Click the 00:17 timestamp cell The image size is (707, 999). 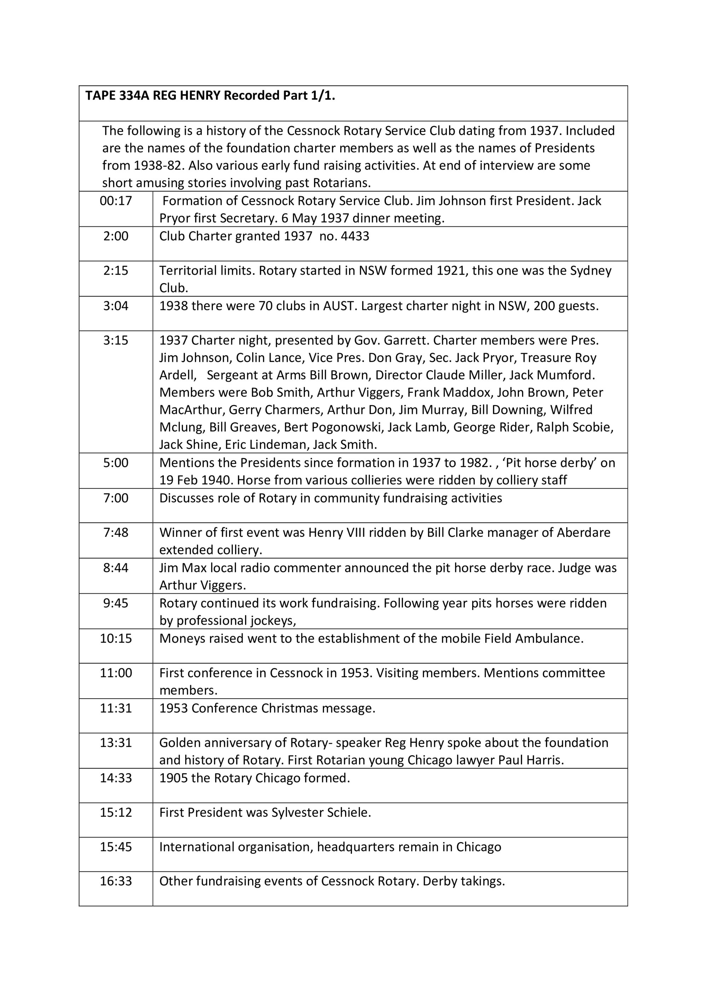click(x=116, y=201)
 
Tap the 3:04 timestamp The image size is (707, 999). click(x=116, y=306)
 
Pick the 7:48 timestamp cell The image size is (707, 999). click(x=116, y=533)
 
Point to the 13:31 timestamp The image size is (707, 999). click(x=116, y=743)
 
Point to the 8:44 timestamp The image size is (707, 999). click(x=116, y=568)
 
